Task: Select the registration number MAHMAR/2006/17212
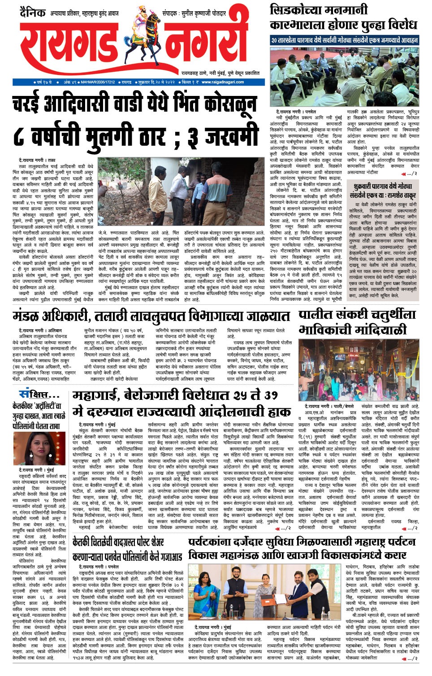pos(98,82)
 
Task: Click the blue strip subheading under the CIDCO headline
pos(344,40)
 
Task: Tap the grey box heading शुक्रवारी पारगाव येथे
pos(382,186)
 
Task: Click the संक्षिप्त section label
pos(39,394)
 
